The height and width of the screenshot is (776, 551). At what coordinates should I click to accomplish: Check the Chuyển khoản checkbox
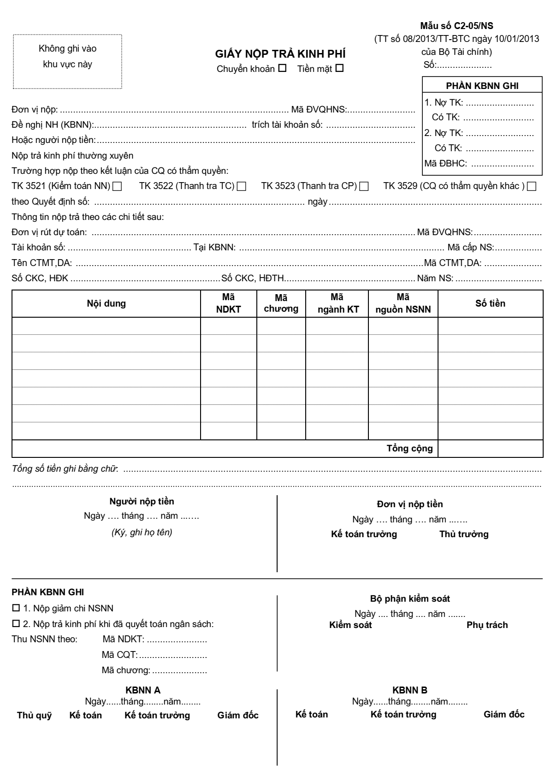pos(282,69)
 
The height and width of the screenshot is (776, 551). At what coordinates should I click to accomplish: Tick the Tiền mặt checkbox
pos(339,69)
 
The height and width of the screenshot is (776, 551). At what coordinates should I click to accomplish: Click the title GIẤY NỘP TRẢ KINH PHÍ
pos(280,54)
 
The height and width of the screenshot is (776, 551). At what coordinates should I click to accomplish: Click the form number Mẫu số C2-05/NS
pos(456,26)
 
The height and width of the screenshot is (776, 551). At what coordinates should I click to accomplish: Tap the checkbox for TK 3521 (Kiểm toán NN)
pos(117,187)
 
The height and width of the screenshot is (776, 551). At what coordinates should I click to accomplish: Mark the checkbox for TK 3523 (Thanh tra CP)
pos(364,187)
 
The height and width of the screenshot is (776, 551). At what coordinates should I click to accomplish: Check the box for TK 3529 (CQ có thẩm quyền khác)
pos(532,187)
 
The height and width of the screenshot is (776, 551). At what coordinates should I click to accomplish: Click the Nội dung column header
pos(106,303)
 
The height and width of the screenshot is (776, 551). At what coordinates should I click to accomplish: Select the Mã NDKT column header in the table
pos(229,303)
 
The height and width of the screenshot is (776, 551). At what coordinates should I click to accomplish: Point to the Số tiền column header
pos(490,303)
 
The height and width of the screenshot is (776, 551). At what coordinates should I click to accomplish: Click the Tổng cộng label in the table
pos(409,448)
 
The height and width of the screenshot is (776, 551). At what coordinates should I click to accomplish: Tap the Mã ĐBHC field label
pos(445,163)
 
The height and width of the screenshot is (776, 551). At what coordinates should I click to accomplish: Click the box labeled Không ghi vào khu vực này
pos(68,61)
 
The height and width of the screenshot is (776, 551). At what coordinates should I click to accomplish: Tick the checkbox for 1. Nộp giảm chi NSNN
pos(16,608)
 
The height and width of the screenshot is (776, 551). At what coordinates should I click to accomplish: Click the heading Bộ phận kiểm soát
pos(410,599)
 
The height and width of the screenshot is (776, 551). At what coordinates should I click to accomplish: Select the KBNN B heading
pos(409,690)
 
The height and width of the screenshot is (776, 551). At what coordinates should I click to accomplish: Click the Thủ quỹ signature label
pos(35,716)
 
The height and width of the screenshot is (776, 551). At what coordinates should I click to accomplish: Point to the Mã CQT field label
pos(119,655)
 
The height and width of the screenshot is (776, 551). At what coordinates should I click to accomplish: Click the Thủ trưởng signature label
pos(463,534)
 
